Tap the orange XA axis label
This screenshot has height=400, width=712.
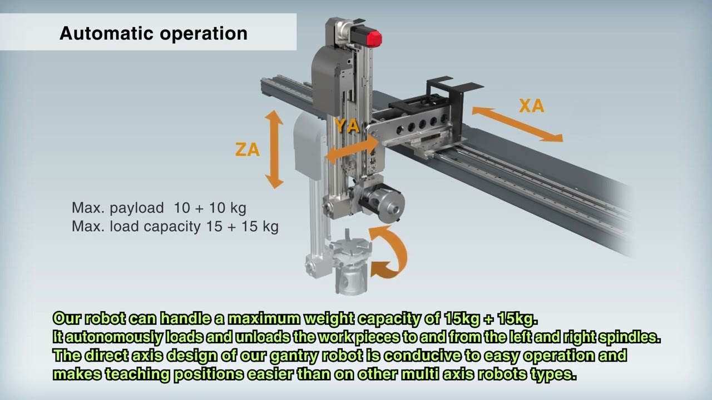[x=532, y=106]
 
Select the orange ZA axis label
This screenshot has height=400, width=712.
[x=248, y=149]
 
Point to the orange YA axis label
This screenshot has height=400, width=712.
[x=348, y=126]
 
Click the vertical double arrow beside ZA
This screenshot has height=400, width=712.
[x=274, y=149]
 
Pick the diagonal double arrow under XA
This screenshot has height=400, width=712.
[x=517, y=124]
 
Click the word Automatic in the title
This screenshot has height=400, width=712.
[x=107, y=33]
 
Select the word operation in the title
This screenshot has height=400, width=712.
[x=204, y=34]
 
